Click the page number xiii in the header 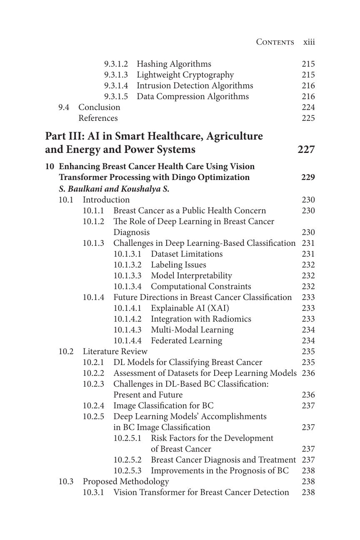pyautogui.click(x=309, y=42)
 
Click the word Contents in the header pyautogui.click(x=275, y=42)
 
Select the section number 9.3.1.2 pyautogui.click(x=116, y=64)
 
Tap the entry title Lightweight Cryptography pyautogui.click(x=185, y=75)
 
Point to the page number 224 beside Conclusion pyautogui.click(x=308, y=107)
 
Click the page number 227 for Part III pyautogui.click(x=306, y=149)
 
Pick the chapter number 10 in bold pyautogui.click(x=50, y=166)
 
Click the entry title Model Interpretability pyautogui.click(x=191, y=275)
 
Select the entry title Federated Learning pyautogui.click(x=186, y=340)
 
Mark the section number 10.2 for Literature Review pyautogui.click(x=66, y=351)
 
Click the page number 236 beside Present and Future pyautogui.click(x=308, y=395)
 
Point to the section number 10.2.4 pyautogui.click(x=93, y=405)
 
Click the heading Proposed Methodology pyautogui.click(x=126, y=481)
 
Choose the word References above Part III pyautogui.click(x=98, y=118)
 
